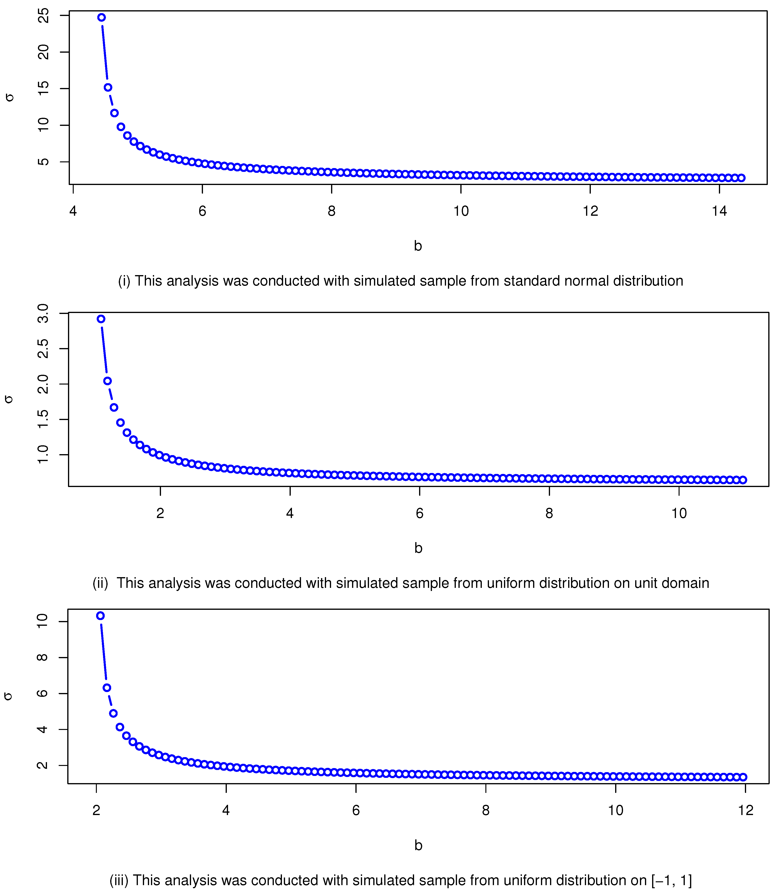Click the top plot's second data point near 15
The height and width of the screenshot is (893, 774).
click(108, 88)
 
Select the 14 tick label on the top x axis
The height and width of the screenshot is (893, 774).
click(719, 211)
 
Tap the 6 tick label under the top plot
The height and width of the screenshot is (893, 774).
click(202, 211)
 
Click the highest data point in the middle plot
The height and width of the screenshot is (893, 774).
click(101, 319)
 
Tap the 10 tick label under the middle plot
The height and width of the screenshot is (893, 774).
click(679, 513)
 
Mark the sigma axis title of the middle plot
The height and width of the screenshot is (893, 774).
click(9, 399)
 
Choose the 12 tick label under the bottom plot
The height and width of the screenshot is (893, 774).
click(745, 810)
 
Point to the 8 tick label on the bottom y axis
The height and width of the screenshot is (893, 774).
click(42, 657)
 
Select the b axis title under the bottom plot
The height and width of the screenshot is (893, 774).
click(418, 845)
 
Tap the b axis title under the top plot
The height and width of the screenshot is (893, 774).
click(418, 246)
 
